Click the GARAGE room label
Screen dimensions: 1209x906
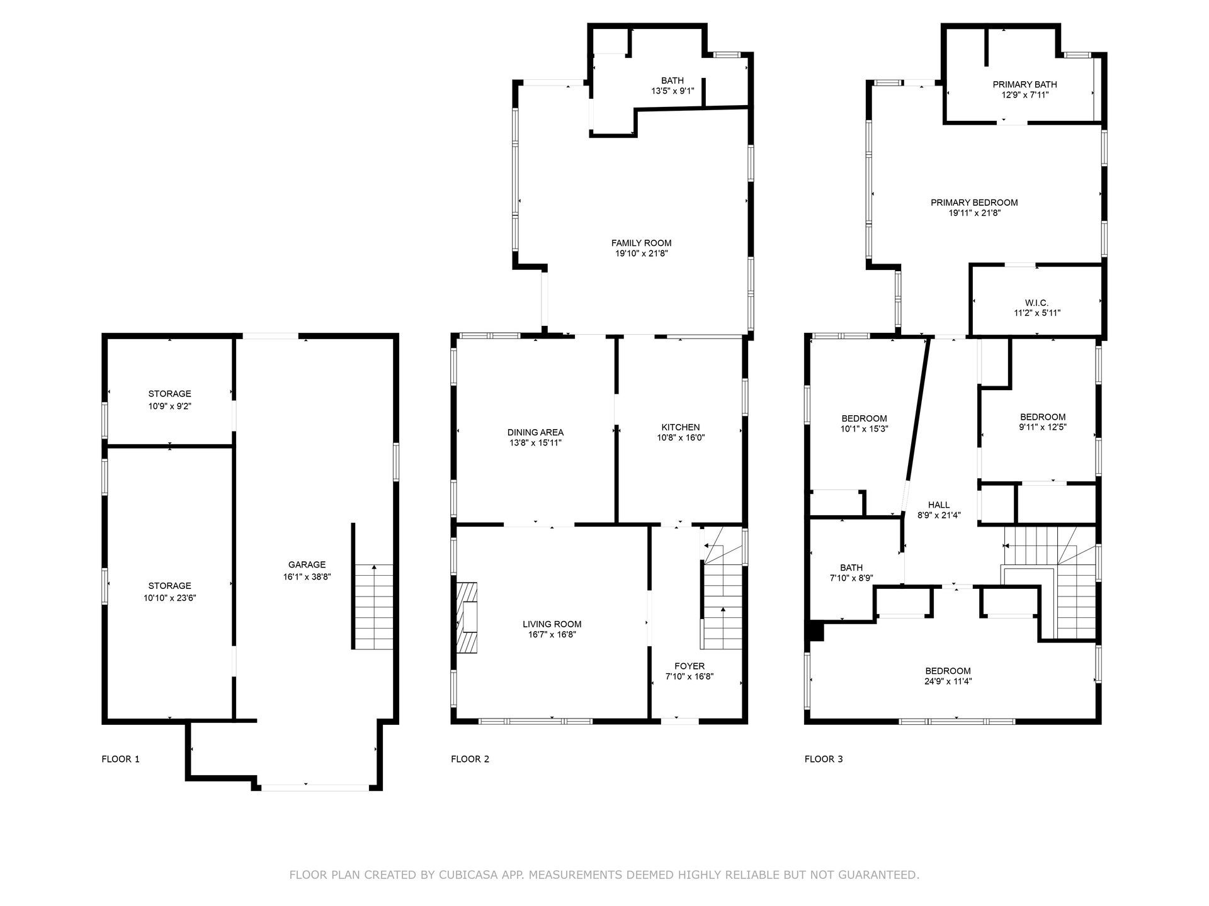pos(307,565)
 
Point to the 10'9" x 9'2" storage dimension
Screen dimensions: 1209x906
pos(169,406)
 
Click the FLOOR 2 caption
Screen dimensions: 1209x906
pos(470,759)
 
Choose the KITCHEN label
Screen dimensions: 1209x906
pos(680,427)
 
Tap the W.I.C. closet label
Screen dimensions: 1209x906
pos(1037,303)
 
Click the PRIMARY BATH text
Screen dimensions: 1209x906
pos(1025,84)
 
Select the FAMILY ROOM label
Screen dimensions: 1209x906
pos(641,243)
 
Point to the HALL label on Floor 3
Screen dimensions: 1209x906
pos(939,505)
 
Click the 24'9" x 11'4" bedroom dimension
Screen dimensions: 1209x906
pos(948,681)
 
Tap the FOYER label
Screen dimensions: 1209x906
pos(690,666)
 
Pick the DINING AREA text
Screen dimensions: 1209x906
pos(535,432)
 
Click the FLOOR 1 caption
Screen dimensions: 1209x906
pos(120,759)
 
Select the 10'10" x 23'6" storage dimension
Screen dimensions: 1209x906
pos(169,598)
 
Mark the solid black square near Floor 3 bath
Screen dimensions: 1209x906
pos(816,631)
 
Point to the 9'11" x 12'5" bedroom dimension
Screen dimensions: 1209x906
pos(1043,427)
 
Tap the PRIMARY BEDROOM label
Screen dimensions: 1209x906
pos(974,203)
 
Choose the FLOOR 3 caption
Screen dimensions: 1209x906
pos(824,759)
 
